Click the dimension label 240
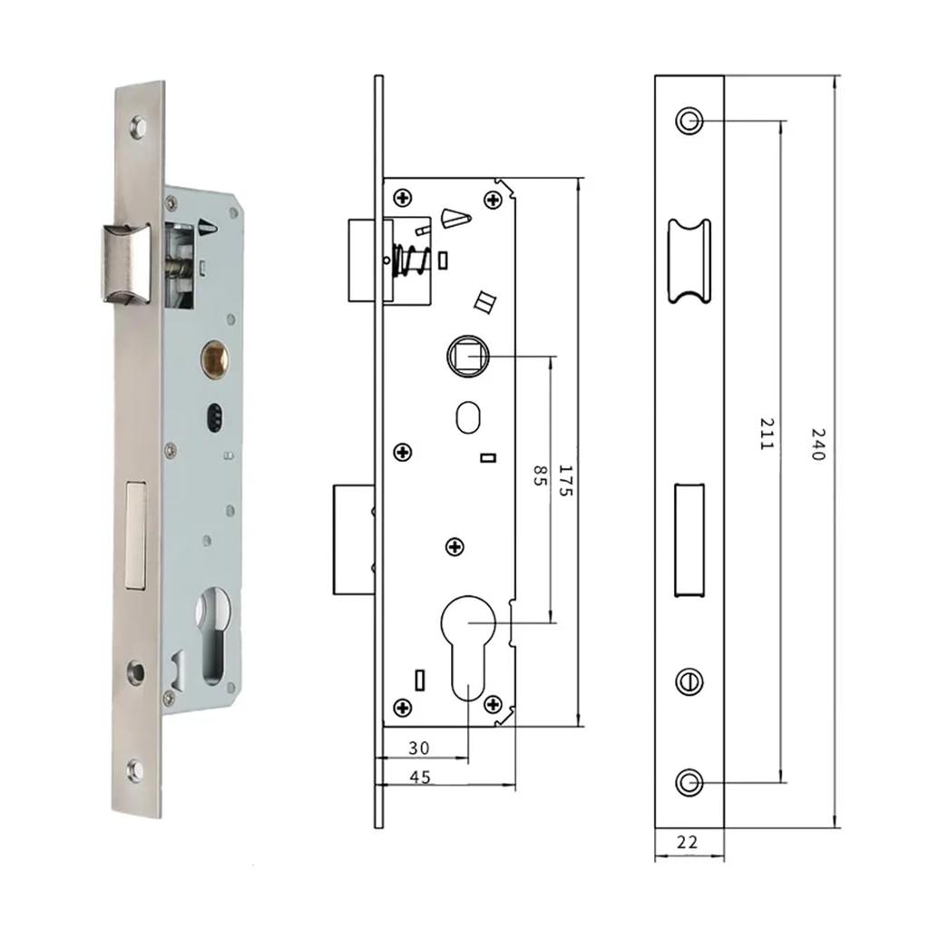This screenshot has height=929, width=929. tap(817, 445)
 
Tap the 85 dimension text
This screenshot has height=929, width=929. tap(539, 477)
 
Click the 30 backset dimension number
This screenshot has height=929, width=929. tap(418, 748)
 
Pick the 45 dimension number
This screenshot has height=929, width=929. tap(420, 777)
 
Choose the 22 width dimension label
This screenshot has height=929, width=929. tap(688, 842)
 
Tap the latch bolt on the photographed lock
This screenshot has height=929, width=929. tap(122, 263)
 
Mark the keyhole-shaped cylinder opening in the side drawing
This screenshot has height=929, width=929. tap(468, 649)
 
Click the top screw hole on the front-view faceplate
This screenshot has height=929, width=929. tap(689, 121)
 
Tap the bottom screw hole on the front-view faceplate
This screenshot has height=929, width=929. tap(689, 781)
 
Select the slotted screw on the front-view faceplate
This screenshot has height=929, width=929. tap(689, 680)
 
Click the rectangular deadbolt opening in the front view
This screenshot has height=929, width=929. tap(689, 541)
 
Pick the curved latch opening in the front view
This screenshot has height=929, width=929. tap(689, 260)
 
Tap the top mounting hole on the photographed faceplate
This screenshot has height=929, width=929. tap(139, 127)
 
